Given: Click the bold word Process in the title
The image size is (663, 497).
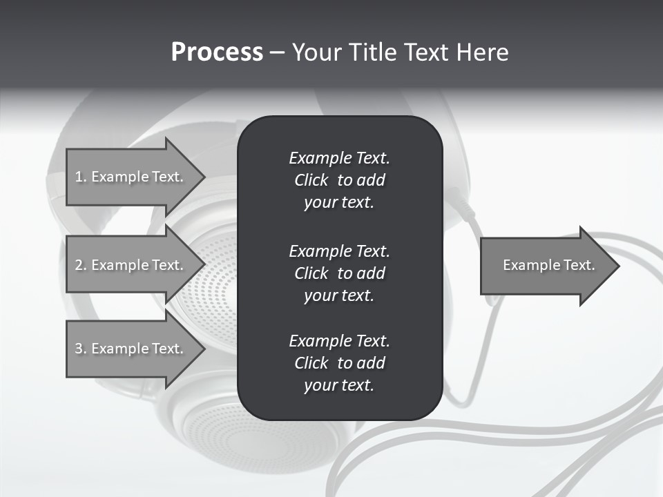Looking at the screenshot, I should (x=217, y=52).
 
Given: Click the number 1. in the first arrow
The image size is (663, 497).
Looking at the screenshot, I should (x=81, y=177).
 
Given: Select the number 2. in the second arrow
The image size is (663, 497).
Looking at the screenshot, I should (x=81, y=265).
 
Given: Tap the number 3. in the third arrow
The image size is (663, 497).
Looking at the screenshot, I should (x=81, y=349).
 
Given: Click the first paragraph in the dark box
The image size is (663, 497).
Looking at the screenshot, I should (x=339, y=180).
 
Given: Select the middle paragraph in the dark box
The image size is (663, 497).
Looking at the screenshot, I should (x=339, y=273).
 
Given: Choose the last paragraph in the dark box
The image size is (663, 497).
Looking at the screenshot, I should (x=339, y=363).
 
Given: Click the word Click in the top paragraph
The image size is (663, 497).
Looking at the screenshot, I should (x=311, y=180).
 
